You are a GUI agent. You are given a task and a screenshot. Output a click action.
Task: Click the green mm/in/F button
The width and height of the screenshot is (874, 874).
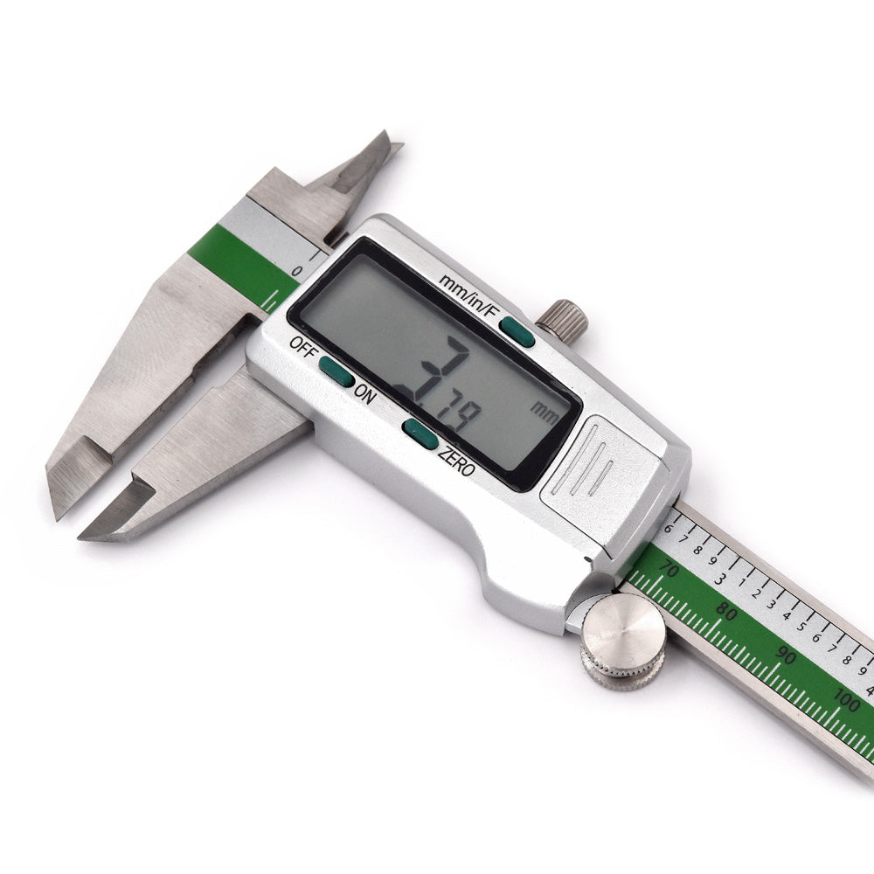(517, 332)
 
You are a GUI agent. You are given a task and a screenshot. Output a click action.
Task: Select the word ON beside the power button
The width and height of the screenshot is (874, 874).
(364, 394)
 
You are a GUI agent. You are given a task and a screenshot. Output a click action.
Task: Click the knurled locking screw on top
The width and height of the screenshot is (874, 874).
(561, 318)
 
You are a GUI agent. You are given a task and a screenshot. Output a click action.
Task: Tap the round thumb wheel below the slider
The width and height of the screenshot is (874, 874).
(623, 642)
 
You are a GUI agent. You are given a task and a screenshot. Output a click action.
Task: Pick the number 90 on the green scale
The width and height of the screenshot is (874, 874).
(785, 655)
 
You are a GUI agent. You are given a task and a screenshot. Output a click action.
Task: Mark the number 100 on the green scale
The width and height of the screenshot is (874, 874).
(845, 699)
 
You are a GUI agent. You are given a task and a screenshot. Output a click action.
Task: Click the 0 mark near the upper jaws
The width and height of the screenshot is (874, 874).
(297, 272)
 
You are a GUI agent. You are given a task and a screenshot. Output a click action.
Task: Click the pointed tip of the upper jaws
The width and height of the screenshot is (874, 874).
(391, 140)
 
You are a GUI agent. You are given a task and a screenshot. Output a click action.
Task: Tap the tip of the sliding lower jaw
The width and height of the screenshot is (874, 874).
(87, 533)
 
